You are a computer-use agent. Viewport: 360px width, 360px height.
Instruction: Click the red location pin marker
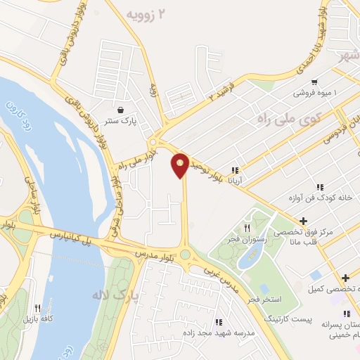click(181, 165)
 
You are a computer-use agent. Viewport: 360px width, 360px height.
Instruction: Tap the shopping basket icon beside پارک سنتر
click(122, 110)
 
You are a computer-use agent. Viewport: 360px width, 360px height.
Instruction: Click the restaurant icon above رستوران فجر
click(247, 228)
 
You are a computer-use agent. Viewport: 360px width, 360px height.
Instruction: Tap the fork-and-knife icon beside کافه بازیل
click(37, 307)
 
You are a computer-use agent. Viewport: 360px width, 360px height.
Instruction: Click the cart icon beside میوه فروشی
click(314, 82)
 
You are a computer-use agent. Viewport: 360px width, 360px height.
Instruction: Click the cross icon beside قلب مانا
click(303, 221)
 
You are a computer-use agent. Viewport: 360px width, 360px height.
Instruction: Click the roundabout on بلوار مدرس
click(186, 255)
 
